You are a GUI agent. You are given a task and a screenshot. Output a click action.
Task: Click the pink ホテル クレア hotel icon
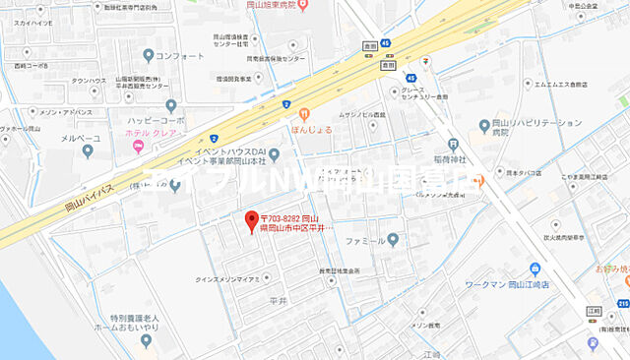pos(137,148)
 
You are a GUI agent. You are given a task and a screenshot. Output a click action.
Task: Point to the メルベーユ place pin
pos(88,150)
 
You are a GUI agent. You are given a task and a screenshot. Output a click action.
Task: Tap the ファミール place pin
pos(393,238)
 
